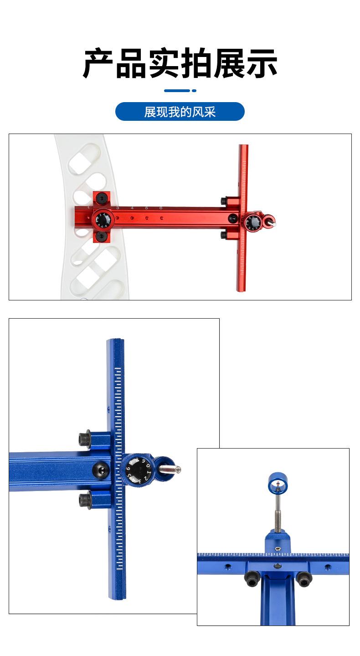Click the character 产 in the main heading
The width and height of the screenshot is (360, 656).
click(x=98, y=63)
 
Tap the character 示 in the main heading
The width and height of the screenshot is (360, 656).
click(x=262, y=63)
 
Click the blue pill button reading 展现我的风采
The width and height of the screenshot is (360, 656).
click(x=180, y=112)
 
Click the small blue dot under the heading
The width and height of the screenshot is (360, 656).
click(x=194, y=91)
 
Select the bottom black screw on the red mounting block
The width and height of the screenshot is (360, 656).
click(x=101, y=236)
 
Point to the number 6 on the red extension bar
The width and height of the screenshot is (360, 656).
click(x=161, y=208)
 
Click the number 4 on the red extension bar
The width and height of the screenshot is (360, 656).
click(x=132, y=208)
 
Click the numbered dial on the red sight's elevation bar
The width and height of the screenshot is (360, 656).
click(x=253, y=222)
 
